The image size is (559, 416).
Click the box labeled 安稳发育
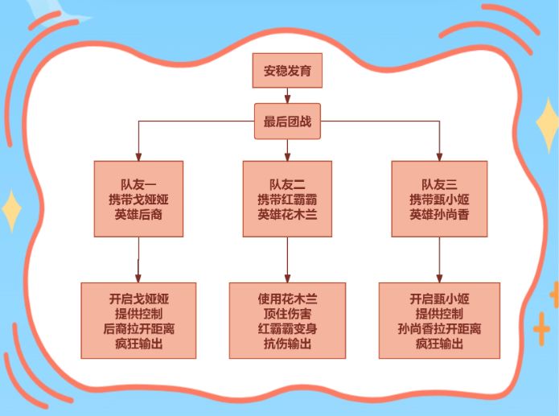click(287, 71)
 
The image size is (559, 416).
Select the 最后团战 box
click(287, 122)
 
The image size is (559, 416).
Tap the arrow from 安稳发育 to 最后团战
click(287, 96)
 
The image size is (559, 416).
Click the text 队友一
click(138, 184)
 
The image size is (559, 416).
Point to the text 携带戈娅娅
click(138, 200)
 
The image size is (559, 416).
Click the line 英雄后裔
click(138, 214)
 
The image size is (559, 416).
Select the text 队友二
click(287, 184)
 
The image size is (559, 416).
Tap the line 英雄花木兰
click(287, 214)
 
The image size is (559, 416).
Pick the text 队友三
click(439, 184)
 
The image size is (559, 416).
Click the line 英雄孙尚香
click(439, 214)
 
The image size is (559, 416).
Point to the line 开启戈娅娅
click(138, 299)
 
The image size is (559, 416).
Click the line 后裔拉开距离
click(138, 328)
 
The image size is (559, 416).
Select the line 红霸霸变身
click(287, 328)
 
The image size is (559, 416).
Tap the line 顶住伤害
click(287, 314)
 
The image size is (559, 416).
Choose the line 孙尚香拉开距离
click(439, 328)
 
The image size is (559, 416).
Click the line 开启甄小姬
click(439, 299)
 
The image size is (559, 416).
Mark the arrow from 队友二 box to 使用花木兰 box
click(287, 260)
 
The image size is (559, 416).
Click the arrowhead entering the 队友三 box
click(439, 157)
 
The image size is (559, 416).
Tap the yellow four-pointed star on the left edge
click(11, 211)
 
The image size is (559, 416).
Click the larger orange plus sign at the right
click(541, 329)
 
